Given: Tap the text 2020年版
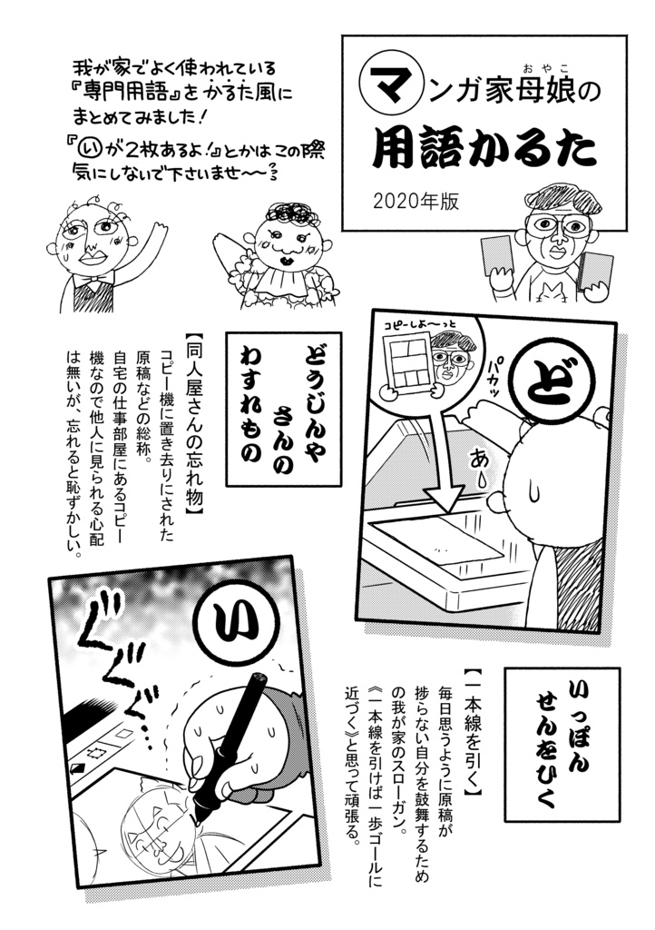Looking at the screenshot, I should [415, 201].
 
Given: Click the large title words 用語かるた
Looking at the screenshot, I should [484, 151].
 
